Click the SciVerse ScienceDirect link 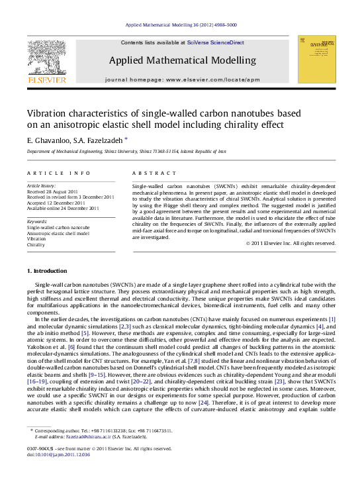[215, 42]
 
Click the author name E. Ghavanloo [48, 140]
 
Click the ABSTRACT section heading [150, 173]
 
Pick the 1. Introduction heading [46, 271]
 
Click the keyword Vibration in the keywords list [37, 239]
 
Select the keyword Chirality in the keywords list [36, 245]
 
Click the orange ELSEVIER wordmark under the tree [46, 80]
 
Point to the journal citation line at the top [181, 25]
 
